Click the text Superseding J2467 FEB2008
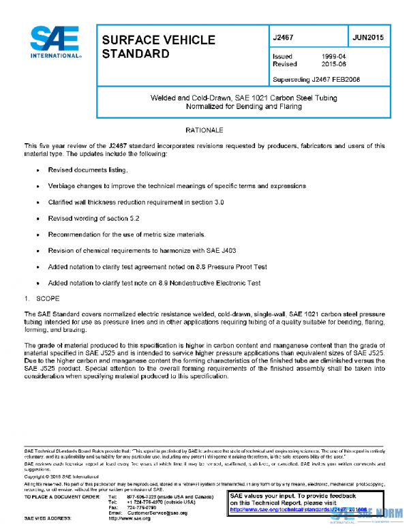point(316,79)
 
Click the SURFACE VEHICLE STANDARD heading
point(158,46)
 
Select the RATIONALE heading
point(204,130)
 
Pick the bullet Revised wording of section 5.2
point(93,218)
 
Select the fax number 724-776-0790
point(142,507)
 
